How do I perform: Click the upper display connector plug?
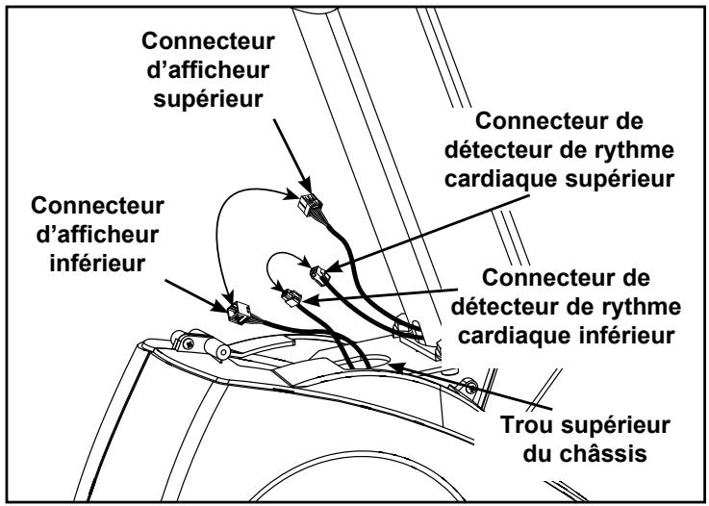pyautogui.click(x=311, y=205)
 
